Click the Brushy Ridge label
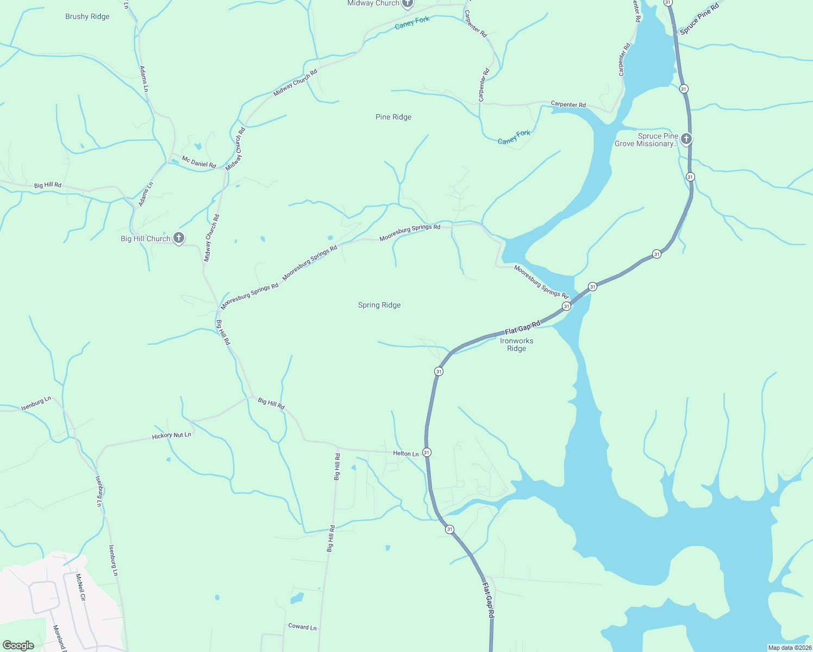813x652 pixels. [x=87, y=16]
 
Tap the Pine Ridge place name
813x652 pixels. [x=393, y=117]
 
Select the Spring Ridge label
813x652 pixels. [x=379, y=305]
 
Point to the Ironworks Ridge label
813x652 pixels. [x=516, y=344]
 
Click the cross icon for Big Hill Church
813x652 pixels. [x=178, y=238]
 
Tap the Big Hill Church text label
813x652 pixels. [x=145, y=239]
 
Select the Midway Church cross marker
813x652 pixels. [x=408, y=3]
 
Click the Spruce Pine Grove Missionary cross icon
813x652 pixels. [x=686, y=139]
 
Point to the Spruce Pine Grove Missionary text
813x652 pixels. [x=646, y=140]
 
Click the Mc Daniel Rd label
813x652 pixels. [x=199, y=162]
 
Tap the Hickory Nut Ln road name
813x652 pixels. [x=171, y=435]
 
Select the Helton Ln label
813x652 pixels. [x=406, y=453]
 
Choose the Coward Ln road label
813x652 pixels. [x=302, y=626]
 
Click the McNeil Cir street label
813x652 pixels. [x=80, y=587]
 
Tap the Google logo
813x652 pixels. [x=18, y=645]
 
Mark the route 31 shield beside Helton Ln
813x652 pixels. [x=427, y=452]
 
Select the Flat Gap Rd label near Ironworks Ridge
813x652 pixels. [x=522, y=328]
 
